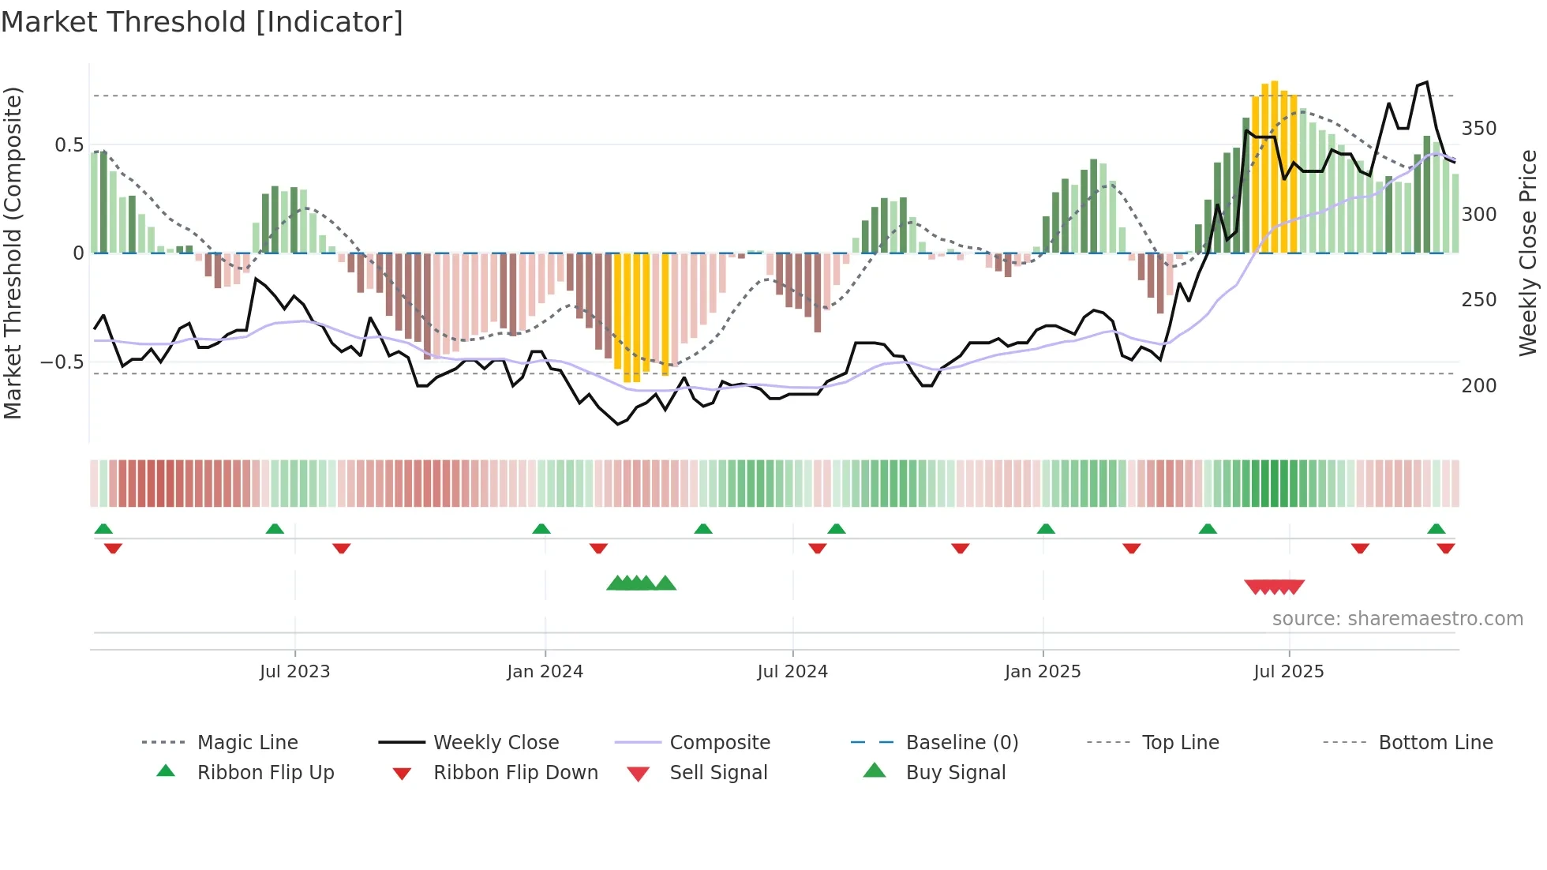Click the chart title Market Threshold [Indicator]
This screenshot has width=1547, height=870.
coord(202,22)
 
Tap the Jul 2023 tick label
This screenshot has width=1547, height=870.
coord(294,672)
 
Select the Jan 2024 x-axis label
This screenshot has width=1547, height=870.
coord(545,672)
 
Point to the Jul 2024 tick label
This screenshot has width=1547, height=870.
coord(792,672)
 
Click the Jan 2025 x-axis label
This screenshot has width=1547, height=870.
coord(1043,672)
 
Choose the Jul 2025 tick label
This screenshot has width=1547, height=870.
coord(1289,672)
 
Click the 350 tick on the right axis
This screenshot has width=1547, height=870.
coord(1479,129)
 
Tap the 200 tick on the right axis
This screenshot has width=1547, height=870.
coord(1479,386)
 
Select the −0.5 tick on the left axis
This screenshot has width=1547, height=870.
coord(62,362)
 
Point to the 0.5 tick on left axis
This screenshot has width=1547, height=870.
coord(69,145)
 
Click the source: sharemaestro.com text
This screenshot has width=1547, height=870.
coord(1397,619)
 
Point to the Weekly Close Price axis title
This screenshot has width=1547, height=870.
coord(1528,253)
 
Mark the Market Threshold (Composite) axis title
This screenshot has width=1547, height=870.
coord(13,253)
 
